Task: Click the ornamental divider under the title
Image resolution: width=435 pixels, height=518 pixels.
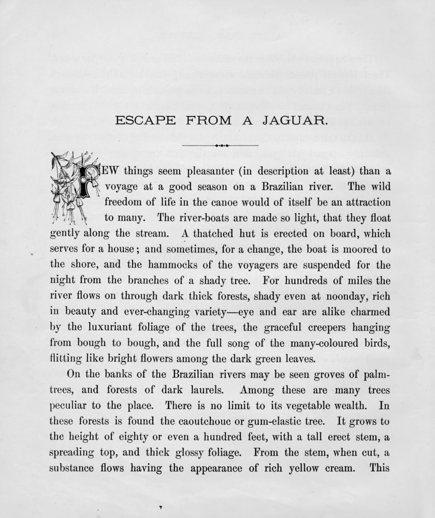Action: [x=221, y=146]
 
